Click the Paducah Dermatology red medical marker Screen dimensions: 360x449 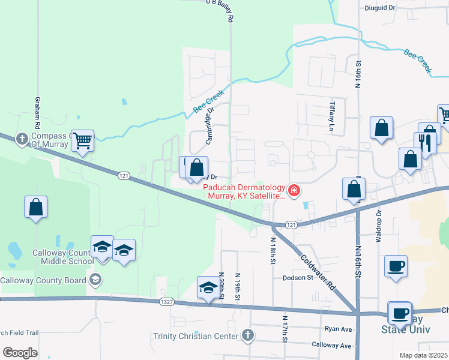(294, 191)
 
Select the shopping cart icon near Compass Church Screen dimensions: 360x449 (83, 141)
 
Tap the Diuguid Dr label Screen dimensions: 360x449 (380, 8)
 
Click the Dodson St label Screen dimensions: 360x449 (298, 278)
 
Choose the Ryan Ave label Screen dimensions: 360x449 (338, 329)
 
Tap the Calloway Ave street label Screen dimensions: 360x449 (331, 345)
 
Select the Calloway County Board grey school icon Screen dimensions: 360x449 (95, 280)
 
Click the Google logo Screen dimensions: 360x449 (20, 353)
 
